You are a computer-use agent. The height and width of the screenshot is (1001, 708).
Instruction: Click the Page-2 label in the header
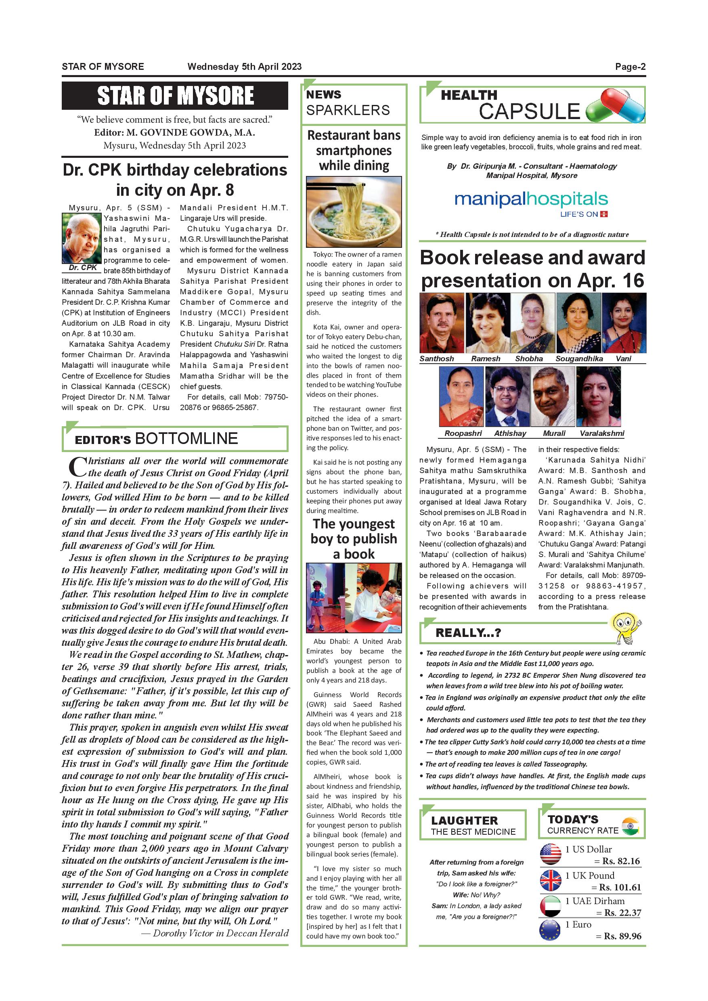630,67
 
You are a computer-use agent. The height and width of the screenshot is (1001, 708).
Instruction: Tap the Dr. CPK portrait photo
82,238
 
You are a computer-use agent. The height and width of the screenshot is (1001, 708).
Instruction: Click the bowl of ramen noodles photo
354,212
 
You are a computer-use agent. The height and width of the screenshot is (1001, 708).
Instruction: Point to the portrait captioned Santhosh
441,322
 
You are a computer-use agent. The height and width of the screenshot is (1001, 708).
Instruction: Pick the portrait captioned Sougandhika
578,322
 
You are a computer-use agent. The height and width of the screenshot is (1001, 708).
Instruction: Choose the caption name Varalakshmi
601,433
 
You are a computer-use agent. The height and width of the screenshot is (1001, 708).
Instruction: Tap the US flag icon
551,854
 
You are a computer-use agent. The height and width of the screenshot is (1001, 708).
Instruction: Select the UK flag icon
551,880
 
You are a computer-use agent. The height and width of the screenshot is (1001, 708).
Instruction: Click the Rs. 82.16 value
621,861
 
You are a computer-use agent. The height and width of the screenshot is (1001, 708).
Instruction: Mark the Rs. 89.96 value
622,936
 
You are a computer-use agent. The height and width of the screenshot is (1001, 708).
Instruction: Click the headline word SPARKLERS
348,110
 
